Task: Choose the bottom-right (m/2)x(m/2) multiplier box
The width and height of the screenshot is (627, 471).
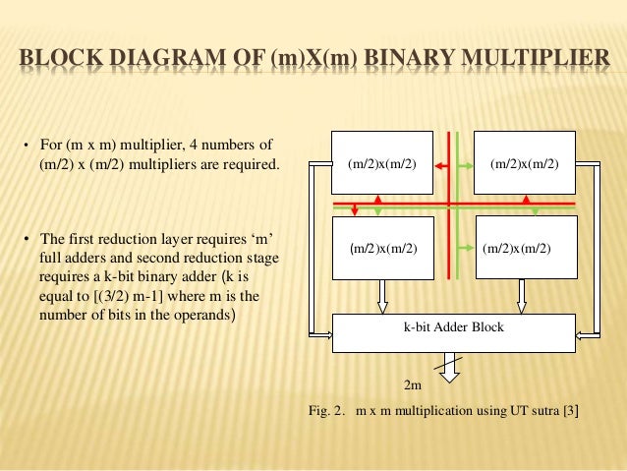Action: coord(516,249)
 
